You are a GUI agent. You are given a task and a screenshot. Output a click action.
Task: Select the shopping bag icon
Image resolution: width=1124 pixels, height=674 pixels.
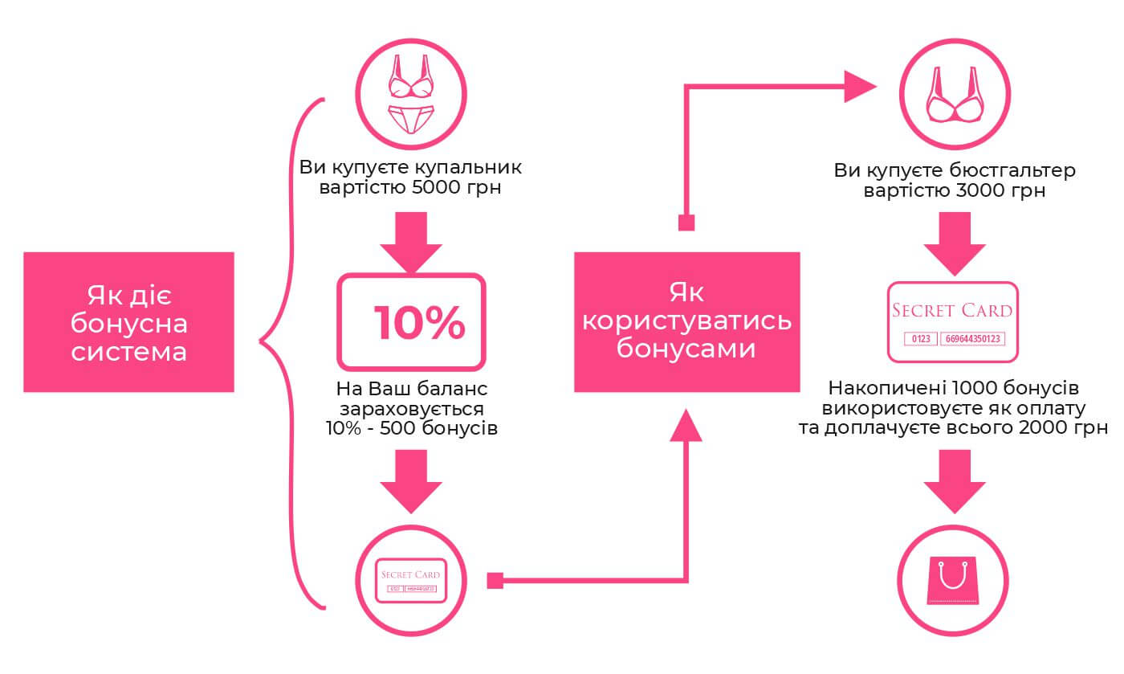(954, 580)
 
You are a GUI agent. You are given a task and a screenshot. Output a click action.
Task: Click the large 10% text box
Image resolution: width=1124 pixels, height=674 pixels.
(411, 321)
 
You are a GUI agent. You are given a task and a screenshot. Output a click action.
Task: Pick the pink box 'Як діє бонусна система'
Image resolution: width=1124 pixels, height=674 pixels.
(129, 322)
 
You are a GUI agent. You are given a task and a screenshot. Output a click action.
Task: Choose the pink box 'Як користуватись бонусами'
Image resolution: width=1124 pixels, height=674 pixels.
(686, 322)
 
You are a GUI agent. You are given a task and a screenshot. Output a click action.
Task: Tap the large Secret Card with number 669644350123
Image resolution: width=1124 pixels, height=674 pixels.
(953, 321)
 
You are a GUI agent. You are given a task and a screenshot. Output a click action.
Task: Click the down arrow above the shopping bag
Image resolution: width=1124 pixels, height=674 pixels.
(954, 482)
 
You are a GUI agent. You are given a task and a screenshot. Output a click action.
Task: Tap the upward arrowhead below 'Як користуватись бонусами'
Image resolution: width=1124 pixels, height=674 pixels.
(686, 426)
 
